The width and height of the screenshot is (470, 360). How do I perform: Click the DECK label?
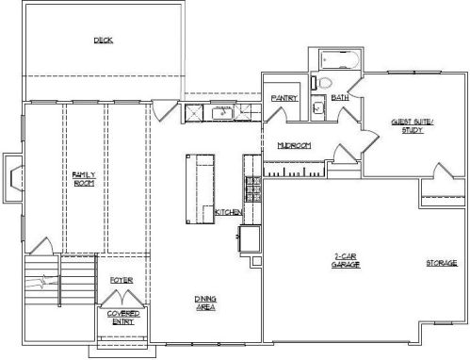[x=104, y=41]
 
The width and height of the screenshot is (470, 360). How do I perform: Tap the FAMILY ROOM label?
[x=84, y=179]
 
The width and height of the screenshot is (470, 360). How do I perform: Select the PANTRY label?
[x=284, y=98]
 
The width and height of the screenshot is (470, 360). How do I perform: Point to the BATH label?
[x=340, y=97]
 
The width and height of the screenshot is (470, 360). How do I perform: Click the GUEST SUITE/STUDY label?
[x=413, y=126]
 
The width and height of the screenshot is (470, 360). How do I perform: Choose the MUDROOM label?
[x=294, y=145]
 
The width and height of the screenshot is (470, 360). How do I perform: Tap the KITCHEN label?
[x=228, y=212]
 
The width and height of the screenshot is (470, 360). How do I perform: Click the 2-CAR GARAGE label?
[x=346, y=260]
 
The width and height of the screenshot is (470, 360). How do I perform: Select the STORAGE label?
[x=442, y=263]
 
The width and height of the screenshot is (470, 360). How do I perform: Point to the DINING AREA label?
[x=205, y=303]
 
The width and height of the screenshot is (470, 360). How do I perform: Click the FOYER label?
[x=122, y=280]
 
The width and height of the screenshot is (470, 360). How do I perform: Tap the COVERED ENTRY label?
[x=123, y=318]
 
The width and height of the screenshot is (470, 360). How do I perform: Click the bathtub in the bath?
[x=339, y=59]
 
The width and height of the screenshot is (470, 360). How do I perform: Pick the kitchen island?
[x=201, y=188]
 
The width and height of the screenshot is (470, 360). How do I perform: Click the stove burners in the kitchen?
[x=253, y=188]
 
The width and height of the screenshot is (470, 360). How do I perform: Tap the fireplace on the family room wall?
[x=13, y=178]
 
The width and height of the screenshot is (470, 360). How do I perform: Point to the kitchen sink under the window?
[x=222, y=113]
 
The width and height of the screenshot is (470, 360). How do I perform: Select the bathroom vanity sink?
[x=318, y=107]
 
